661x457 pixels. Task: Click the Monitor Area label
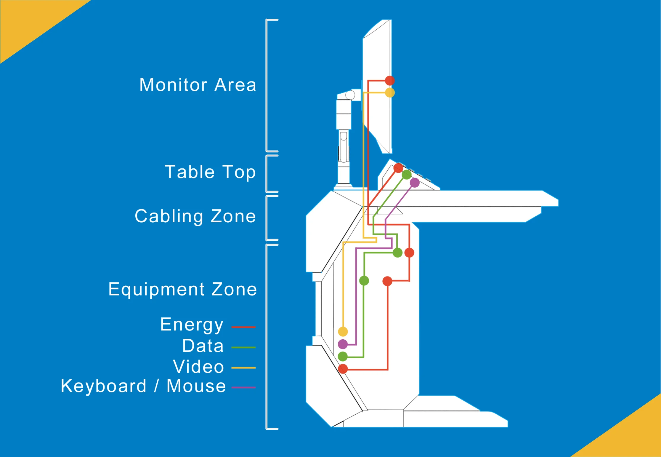coord(198,85)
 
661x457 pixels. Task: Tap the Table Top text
coord(210,172)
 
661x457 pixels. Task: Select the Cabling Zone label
coord(195,216)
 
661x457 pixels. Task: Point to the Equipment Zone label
coord(182,289)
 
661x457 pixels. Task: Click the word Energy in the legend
coord(192,325)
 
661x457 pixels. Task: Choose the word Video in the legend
coord(198,367)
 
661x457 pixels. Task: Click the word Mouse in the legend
coord(196,386)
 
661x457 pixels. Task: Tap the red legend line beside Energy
coord(243,327)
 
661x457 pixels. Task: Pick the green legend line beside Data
coord(243,347)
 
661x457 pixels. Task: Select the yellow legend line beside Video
coord(243,368)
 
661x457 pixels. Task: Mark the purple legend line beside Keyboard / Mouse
coord(243,387)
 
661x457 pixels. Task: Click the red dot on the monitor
coord(390,81)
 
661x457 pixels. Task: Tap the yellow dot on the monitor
coord(390,93)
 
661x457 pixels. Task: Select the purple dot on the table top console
coord(415,183)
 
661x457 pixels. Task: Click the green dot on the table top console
coord(407,175)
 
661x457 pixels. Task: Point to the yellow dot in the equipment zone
coord(343,331)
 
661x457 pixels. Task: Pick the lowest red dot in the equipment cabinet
coord(343,369)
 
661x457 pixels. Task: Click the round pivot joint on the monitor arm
coord(350,95)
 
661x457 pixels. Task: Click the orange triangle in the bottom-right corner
coord(634,436)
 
